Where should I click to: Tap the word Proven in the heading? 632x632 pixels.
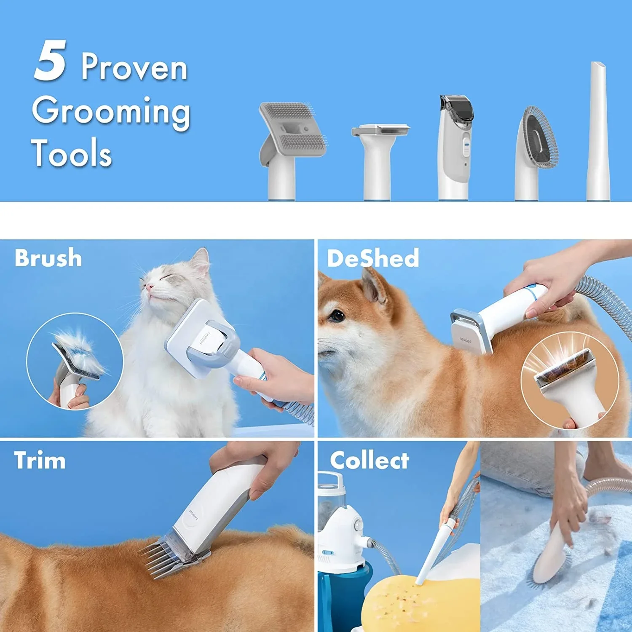click(134, 67)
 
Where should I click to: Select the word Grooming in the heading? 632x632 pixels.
click(111, 112)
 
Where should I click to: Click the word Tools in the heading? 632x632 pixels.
click(72, 152)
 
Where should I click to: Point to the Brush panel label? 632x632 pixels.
click(48, 258)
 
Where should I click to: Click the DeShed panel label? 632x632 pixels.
click(373, 258)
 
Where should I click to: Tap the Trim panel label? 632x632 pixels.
click(40, 460)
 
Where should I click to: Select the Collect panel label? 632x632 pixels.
click(370, 460)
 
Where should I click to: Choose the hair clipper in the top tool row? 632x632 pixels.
click(455, 147)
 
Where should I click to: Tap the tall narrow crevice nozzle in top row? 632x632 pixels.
click(597, 131)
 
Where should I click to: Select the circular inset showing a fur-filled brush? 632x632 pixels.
click(75, 361)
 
